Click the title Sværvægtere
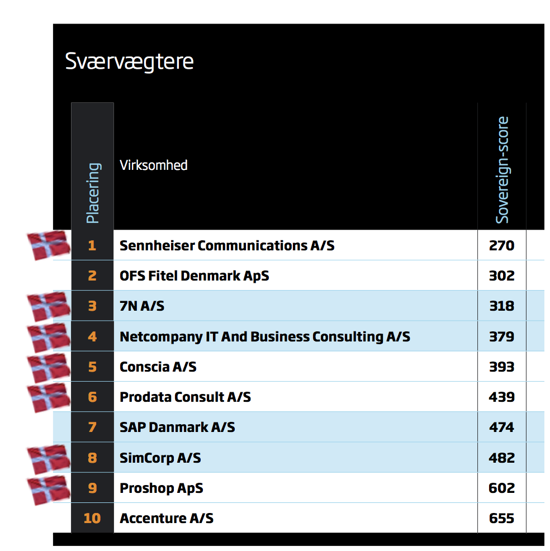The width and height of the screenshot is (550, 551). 129,61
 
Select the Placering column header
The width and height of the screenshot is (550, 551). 93,193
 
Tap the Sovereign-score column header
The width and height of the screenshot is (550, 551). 502,170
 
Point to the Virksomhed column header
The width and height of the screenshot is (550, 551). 154,165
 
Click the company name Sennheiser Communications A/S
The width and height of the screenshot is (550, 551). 227,245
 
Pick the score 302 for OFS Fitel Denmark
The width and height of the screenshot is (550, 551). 501,276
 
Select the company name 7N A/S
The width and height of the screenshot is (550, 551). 142,306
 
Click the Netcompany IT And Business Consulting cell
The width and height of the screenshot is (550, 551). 265,336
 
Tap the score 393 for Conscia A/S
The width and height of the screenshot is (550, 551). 501,367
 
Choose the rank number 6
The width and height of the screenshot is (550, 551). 92,397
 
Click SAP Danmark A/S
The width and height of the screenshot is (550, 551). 177,427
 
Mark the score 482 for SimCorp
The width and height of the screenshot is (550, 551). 501,458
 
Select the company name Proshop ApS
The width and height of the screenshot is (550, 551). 162,488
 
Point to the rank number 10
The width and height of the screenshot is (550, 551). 92,519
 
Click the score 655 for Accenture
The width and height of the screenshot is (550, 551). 501,519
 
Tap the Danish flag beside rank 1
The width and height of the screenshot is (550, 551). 49,245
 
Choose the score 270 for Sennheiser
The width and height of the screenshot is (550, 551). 501,245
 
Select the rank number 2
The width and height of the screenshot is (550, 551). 92,276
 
